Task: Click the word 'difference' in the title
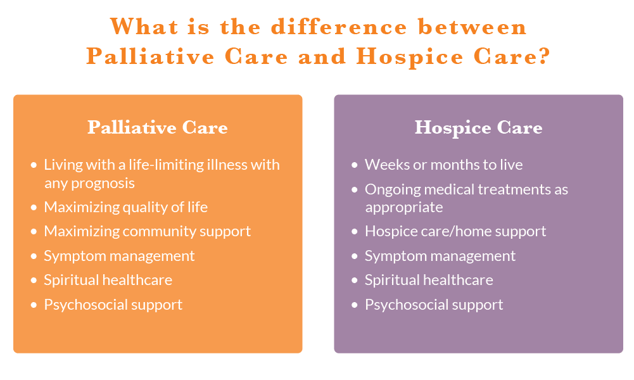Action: click(339, 27)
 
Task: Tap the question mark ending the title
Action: click(544, 56)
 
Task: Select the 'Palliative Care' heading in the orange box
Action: click(158, 127)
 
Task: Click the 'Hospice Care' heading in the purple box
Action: click(478, 128)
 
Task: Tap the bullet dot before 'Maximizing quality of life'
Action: click(34, 207)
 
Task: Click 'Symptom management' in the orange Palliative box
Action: click(119, 256)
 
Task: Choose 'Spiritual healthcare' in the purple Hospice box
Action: click(429, 280)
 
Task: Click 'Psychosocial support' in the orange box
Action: click(113, 305)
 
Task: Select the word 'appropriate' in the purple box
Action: click(404, 207)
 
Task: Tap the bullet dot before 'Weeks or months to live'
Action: click(355, 165)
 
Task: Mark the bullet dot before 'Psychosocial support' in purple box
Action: click(355, 305)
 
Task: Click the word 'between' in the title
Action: click(472, 27)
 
